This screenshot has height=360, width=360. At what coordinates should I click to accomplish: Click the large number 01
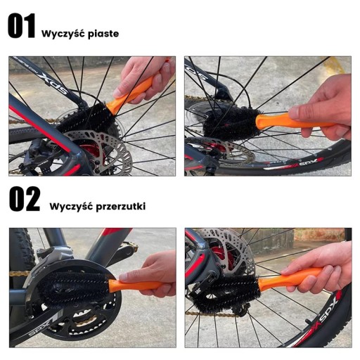coord(22,26)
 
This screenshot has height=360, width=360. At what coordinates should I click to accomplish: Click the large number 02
coord(25,199)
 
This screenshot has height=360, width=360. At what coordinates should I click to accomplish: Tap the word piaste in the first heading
coord(103,34)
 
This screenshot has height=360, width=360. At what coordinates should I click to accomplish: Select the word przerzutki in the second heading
coord(121,207)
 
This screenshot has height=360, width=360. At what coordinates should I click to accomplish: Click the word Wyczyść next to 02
coord(71,206)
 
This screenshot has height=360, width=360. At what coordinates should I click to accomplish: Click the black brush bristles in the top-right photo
coord(232,124)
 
